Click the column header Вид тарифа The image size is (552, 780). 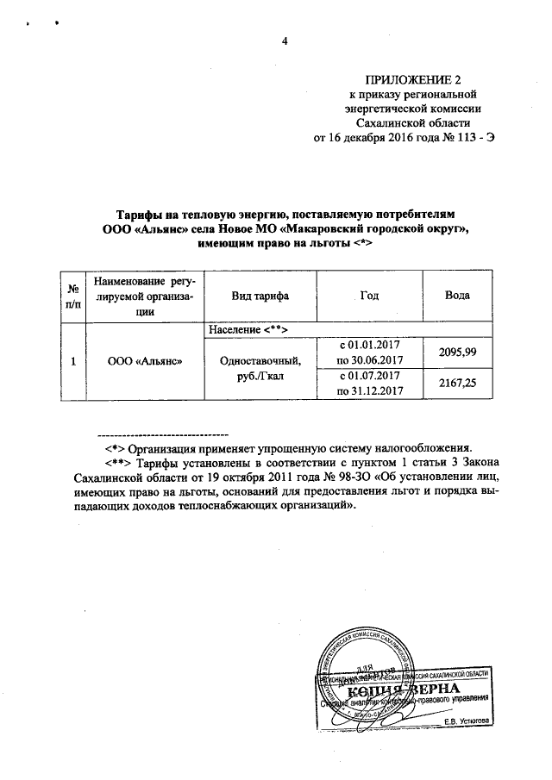click(x=260, y=296)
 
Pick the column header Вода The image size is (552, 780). click(x=456, y=296)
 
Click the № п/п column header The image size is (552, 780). click(x=75, y=296)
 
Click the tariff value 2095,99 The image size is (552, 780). click(x=457, y=353)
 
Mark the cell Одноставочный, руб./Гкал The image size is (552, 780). click(x=260, y=369)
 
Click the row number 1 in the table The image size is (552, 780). click(x=75, y=362)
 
